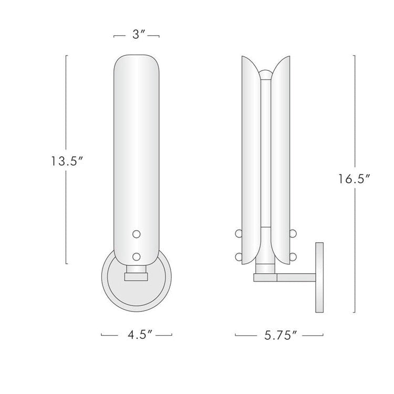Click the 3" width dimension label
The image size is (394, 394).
click(137, 36)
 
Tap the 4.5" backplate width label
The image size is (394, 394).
click(137, 334)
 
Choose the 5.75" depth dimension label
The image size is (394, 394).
click(278, 334)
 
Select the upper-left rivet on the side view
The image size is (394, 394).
click(238, 233)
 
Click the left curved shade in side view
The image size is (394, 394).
click(251, 158)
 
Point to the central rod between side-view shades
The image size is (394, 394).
click(267, 158)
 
